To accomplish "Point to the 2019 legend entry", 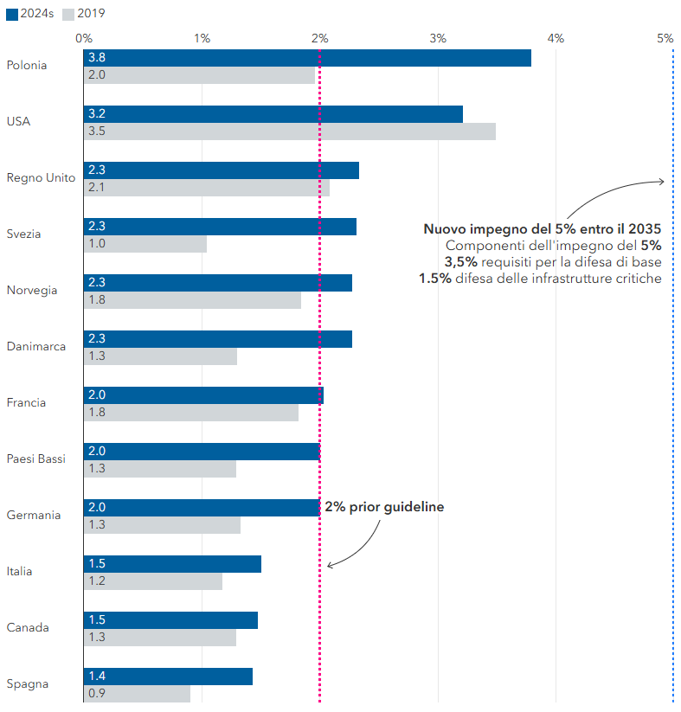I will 86,14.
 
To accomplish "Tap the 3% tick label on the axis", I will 438,38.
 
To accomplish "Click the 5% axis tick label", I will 665,38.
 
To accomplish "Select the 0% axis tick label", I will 84,38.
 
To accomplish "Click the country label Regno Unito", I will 41,178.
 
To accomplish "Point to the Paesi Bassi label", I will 36,459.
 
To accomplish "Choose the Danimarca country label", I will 36,347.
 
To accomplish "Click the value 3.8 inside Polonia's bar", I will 97,58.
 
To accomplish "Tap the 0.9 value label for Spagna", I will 95,694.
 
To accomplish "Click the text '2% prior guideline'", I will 384,507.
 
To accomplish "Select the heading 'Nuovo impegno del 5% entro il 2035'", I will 542,229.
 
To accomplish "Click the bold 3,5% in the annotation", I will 460,262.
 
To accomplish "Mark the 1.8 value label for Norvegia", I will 96,300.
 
